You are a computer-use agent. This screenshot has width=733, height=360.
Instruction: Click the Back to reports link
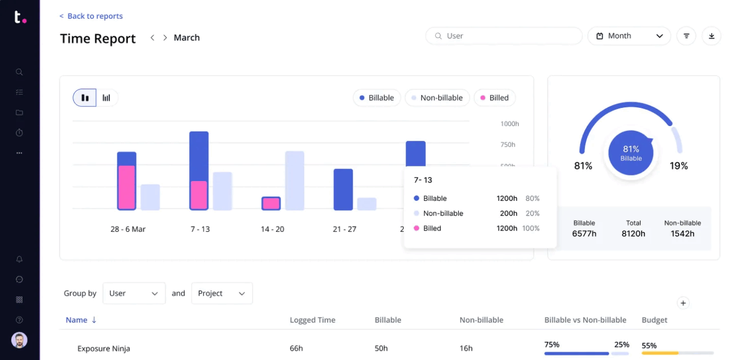pyautogui.click(x=91, y=16)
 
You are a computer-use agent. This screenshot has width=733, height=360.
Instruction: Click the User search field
pyautogui.click(x=504, y=36)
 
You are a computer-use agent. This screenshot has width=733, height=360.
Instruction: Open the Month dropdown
pyautogui.click(x=629, y=36)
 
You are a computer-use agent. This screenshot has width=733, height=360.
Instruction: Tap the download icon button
pyautogui.click(x=711, y=36)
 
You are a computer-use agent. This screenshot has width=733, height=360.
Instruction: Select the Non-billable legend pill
pyautogui.click(x=436, y=98)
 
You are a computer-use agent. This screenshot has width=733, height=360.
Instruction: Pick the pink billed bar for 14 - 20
pyautogui.click(x=271, y=204)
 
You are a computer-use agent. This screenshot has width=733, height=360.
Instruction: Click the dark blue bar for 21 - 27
pyautogui.click(x=343, y=189)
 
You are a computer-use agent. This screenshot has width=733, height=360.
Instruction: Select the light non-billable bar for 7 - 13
pyautogui.click(x=223, y=191)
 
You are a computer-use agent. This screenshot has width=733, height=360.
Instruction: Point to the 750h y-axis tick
pyautogui.click(x=507, y=144)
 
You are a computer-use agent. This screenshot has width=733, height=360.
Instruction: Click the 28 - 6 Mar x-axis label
pyautogui.click(x=128, y=229)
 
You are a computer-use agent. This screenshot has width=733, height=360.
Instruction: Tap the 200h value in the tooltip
pyautogui.click(x=508, y=213)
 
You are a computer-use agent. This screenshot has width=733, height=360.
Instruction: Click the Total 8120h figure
pyautogui.click(x=633, y=233)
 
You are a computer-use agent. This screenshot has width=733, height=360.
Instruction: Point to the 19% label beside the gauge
pyautogui.click(x=679, y=166)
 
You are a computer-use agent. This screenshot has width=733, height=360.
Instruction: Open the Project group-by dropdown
pyautogui.click(x=221, y=294)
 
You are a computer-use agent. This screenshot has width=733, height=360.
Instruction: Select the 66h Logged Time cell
pyautogui.click(x=296, y=348)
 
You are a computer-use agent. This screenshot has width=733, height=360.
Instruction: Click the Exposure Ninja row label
pyautogui.click(x=104, y=348)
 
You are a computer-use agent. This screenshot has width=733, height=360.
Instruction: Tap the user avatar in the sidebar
pyautogui.click(x=19, y=341)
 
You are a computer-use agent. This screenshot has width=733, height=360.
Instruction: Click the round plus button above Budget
pyautogui.click(x=683, y=303)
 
